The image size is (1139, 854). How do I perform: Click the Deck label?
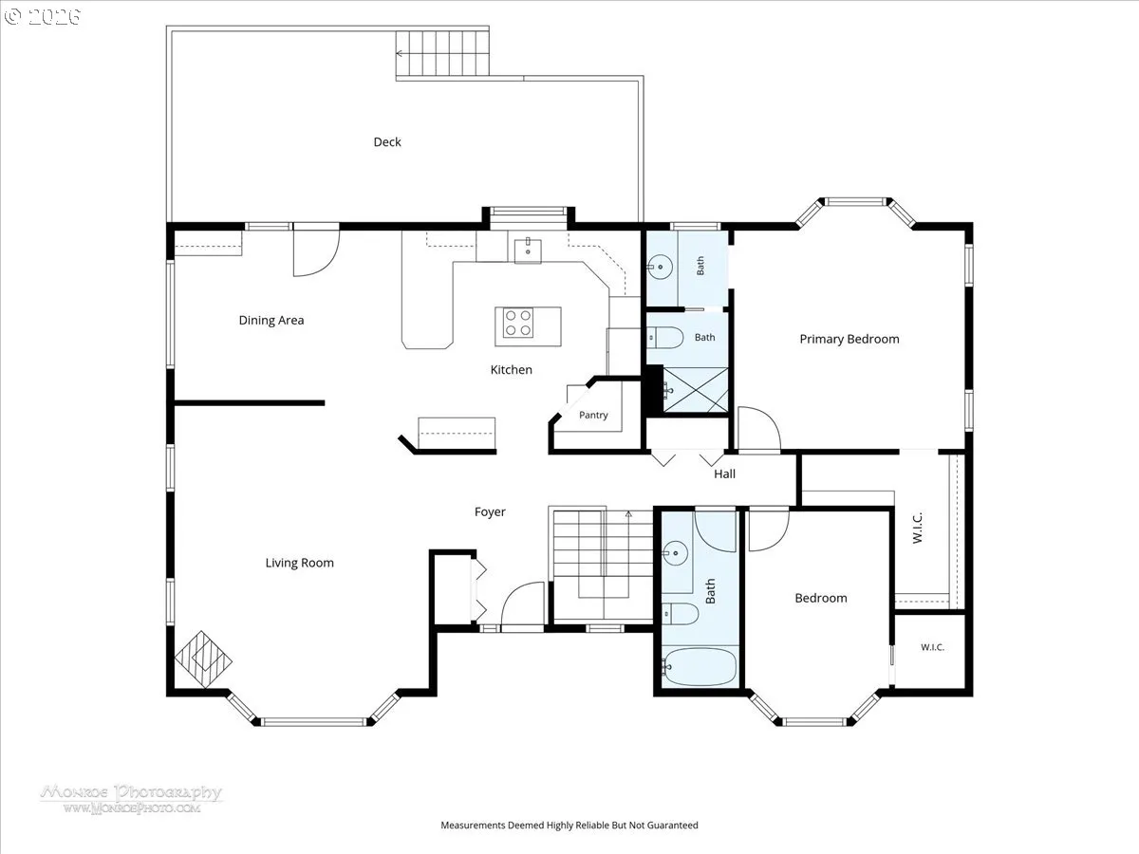pyautogui.click(x=387, y=142)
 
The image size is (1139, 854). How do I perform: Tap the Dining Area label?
pyautogui.click(x=271, y=321)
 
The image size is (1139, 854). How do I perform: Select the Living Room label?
pyautogui.click(x=299, y=563)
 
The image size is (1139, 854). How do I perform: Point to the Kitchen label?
pyautogui.click(x=511, y=370)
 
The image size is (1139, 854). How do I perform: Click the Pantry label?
pyautogui.click(x=593, y=415)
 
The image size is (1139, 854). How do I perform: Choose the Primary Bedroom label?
pyautogui.click(x=850, y=339)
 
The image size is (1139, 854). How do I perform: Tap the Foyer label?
pyautogui.click(x=490, y=512)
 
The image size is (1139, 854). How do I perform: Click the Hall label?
pyautogui.click(x=724, y=473)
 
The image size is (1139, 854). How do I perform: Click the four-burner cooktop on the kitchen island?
pyautogui.click(x=518, y=323)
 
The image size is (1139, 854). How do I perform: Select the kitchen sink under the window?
pyautogui.click(x=528, y=251)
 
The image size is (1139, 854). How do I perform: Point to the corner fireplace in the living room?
pyautogui.click(x=203, y=659)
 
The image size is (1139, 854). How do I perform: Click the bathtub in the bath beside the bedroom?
pyautogui.click(x=700, y=667)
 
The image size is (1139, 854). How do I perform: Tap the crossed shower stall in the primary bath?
pyautogui.click(x=696, y=390)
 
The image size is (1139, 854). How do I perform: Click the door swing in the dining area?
pyautogui.click(x=316, y=252)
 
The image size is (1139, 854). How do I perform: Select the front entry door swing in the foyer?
pyautogui.click(x=523, y=603)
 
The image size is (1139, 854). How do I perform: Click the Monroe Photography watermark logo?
pyautogui.click(x=132, y=799)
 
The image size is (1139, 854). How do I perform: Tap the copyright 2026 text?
pyautogui.click(x=43, y=16)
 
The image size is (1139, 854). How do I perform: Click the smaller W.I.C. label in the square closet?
pyautogui.click(x=932, y=647)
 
